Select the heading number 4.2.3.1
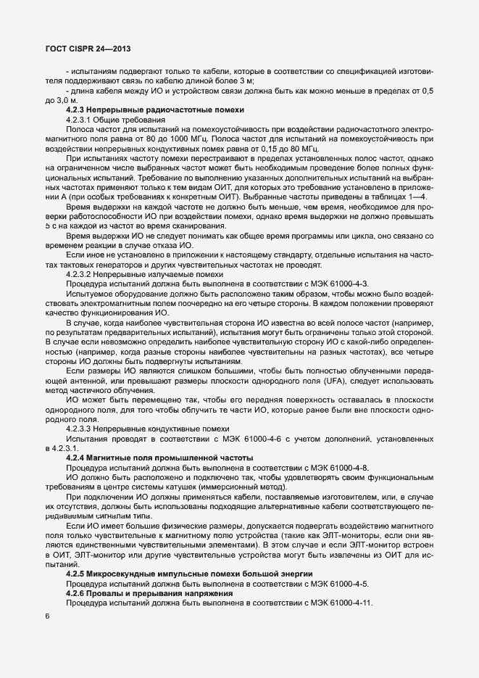click(80, 119)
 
